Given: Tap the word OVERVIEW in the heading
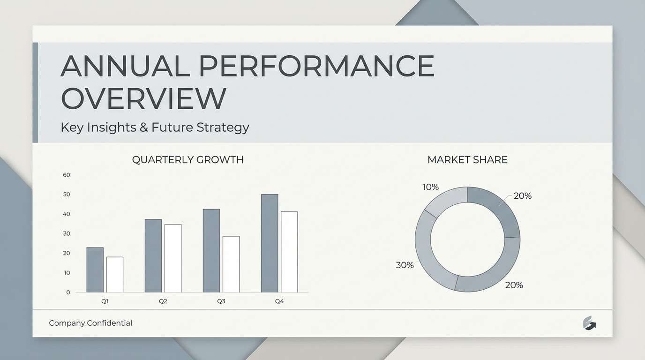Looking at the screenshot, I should (143, 98).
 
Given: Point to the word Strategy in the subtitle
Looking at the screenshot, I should (223, 127).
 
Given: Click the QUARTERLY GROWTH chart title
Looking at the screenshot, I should (187, 160).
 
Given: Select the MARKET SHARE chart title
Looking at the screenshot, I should (467, 160).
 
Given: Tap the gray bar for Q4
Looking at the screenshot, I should (270, 243).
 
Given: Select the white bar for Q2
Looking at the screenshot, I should (172, 258).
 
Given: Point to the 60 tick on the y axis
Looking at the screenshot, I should (67, 175).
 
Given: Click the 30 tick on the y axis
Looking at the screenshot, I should (67, 233).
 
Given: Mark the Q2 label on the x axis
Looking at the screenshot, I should (163, 301).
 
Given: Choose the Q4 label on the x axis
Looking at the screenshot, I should (279, 301).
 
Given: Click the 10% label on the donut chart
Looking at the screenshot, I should (430, 187).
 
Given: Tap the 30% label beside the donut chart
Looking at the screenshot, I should (405, 265).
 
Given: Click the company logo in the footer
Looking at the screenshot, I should (589, 323).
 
